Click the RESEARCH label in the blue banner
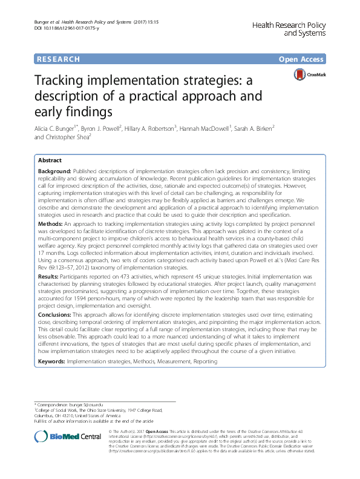click(x=58, y=59)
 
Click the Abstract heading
click(x=50, y=161)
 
